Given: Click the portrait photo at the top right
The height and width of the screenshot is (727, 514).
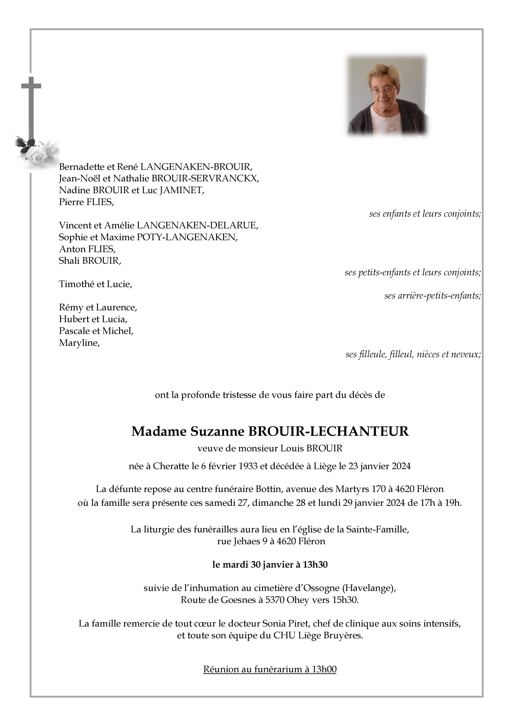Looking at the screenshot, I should click(x=387, y=95).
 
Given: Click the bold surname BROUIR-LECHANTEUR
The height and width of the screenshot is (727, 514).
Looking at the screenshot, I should click(x=328, y=431).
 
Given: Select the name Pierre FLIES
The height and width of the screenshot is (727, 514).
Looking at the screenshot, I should click(x=86, y=202).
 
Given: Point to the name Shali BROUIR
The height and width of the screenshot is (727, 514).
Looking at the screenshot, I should click(x=90, y=261).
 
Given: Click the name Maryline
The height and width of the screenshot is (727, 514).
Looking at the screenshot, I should click(x=79, y=343).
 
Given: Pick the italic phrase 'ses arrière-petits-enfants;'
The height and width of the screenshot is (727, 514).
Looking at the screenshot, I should click(x=432, y=296).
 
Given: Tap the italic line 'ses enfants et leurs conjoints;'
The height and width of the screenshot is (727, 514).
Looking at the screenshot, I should click(x=425, y=214).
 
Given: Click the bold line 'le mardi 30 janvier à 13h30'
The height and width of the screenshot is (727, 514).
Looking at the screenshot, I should click(x=270, y=565).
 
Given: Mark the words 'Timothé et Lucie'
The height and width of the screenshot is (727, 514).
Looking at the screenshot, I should click(x=95, y=284).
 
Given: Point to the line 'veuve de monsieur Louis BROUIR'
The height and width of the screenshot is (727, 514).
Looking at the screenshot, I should click(x=270, y=448).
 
